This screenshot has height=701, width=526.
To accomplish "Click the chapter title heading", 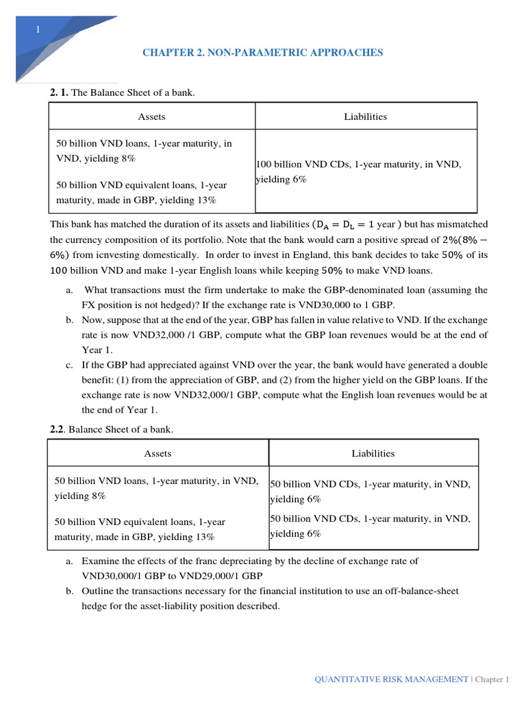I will pos(262,52).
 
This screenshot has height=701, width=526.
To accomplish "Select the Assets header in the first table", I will pos(151,116).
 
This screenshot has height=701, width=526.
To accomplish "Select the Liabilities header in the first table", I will pos(365,116).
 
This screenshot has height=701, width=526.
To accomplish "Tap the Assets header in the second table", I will pos(158,453).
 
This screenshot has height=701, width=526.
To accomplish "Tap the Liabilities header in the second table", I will pos(373,453).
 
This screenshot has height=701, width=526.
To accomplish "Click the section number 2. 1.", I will pos(59,92).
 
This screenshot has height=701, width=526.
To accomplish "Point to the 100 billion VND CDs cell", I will pos(358,172).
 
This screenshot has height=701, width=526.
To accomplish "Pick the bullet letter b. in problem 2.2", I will pos(69,591).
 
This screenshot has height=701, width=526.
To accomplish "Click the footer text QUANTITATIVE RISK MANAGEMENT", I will pos(391,679).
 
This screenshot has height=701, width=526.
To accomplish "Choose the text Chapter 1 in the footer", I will pos(492,679).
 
